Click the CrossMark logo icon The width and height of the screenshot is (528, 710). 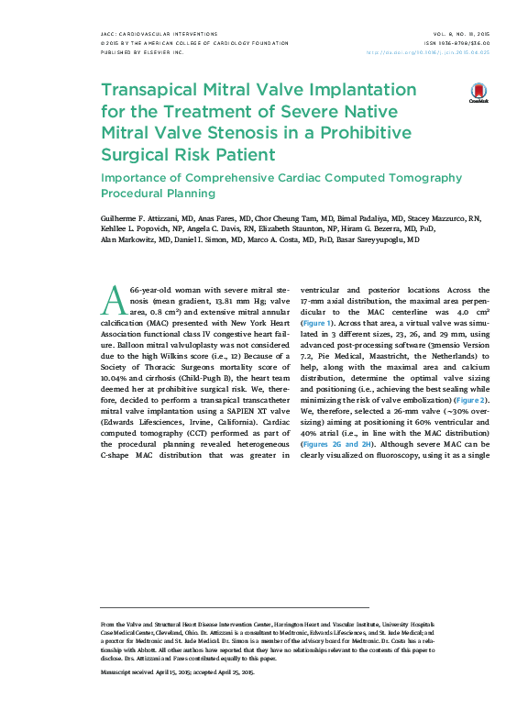coord(478,93)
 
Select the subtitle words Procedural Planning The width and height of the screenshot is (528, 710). coord(158,194)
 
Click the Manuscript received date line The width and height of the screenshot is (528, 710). coord(176,671)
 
